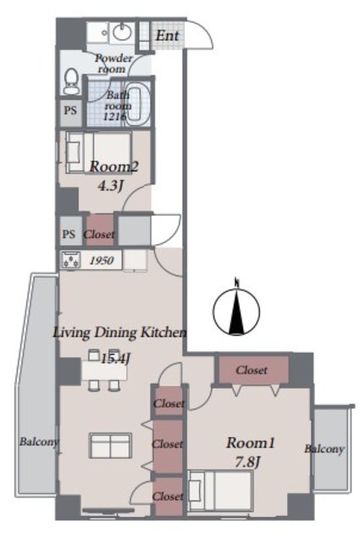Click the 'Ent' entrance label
[167, 36]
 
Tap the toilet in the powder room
[72, 81]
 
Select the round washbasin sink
[122, 33]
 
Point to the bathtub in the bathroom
[137, 103]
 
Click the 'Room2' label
[114, 168]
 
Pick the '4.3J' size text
[110, 186]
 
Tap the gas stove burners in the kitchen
[71, 260]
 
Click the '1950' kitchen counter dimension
[101, 260]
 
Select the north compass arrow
[236, 307]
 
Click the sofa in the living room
[111, 445]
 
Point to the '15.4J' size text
[115, 358]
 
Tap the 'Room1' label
[251, 443]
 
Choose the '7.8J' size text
[246, 462]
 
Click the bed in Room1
[220, 490]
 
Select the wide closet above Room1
[252, 370]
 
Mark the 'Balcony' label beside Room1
[324, 449]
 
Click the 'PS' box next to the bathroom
[70, 111]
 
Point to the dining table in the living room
[104, 371]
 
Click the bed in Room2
[99, 152]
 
